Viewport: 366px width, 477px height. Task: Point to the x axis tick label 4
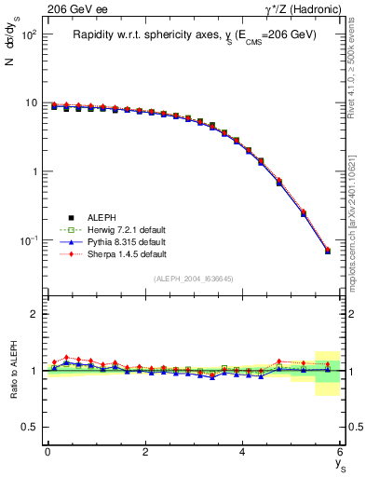click(x=242, y=452)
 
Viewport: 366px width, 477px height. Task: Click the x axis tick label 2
click(x=145, y=452)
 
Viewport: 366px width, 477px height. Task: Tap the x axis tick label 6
click(x=340, y=452)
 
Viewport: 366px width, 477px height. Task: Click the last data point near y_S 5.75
click(x=327, y=251)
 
